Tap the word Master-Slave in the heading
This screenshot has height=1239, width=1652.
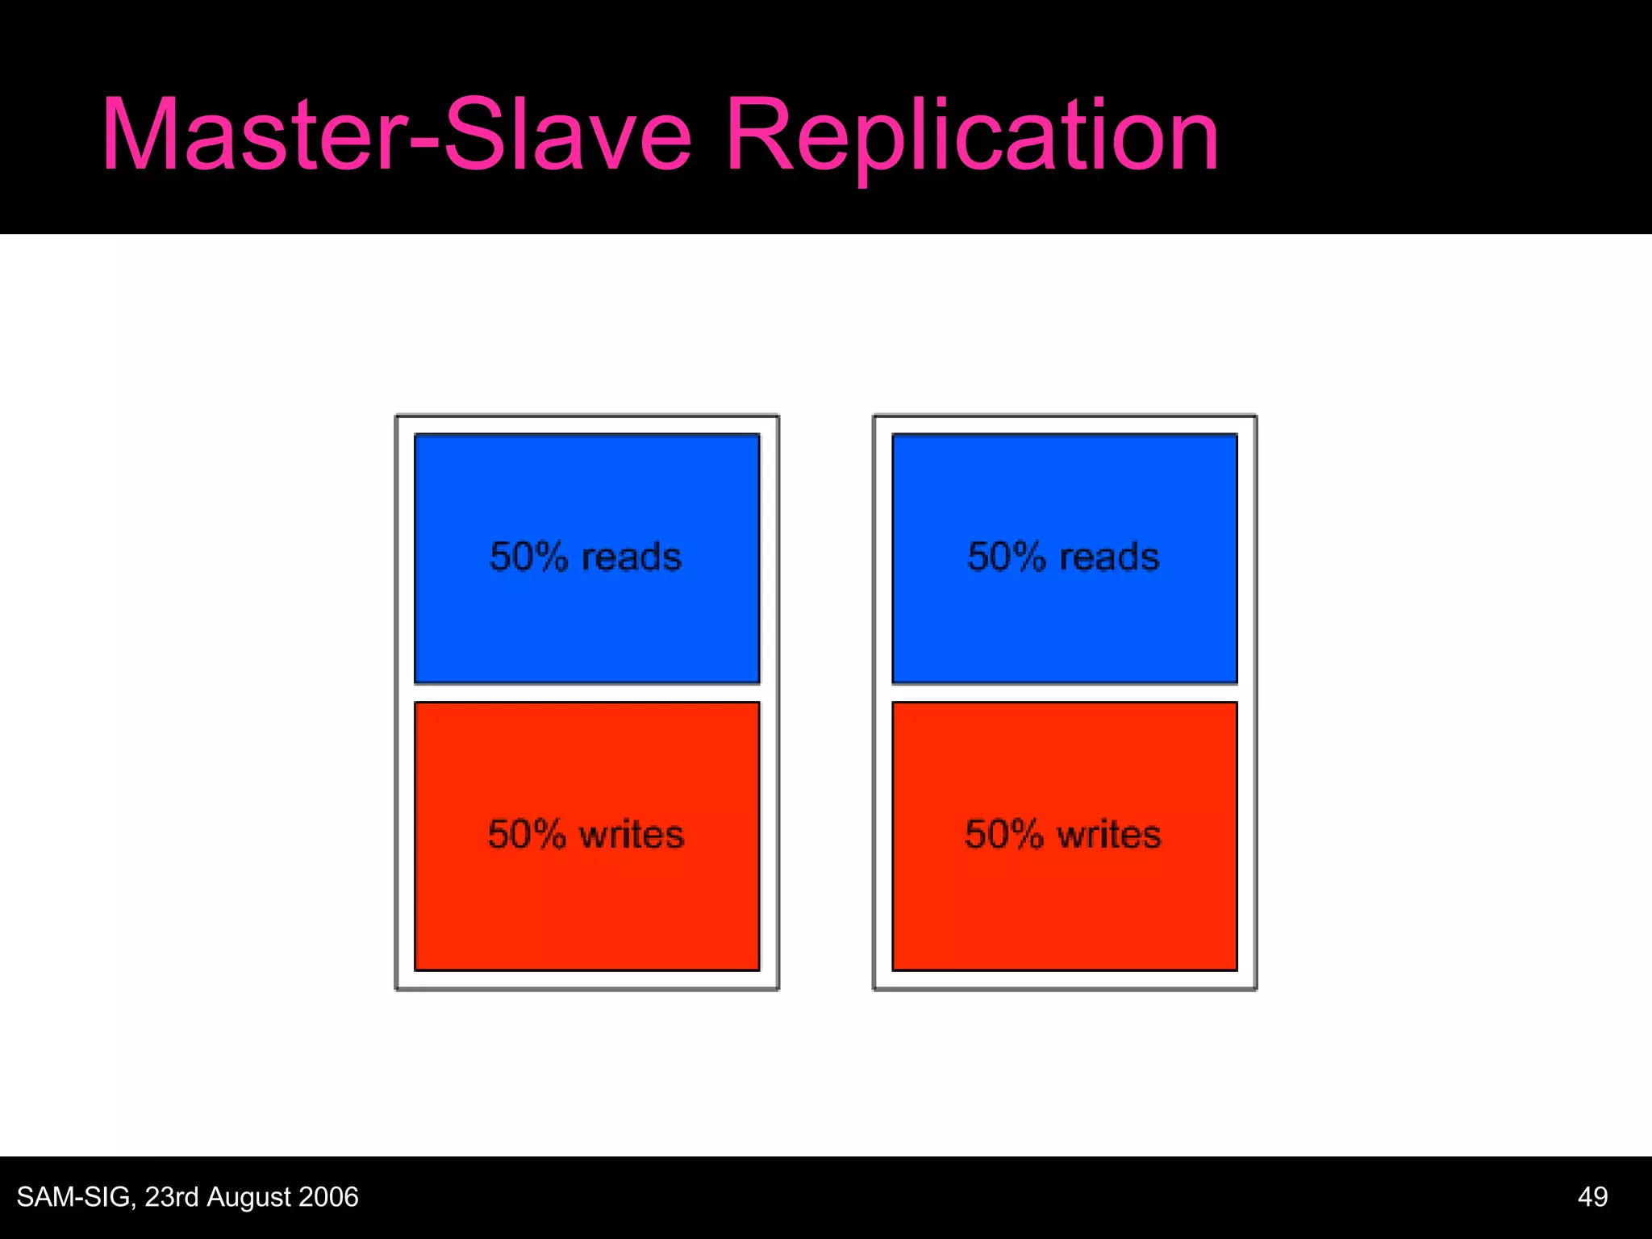coord(396,136)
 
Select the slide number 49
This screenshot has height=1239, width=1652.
coord(1592,1197)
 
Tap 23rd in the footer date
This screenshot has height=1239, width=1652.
coord(172,1197)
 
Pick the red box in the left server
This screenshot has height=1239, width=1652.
coord(586,903)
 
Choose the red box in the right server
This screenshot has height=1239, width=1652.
coord(1064,903)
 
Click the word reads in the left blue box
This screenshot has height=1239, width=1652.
coord(632,557)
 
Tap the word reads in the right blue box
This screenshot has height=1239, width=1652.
coord(1109,557)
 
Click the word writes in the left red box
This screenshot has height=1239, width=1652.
coord(632,834)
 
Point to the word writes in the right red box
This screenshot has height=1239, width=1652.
coord(1109,834)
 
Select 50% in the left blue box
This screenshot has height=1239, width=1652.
coord(528,557)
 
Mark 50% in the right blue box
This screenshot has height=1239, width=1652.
coord(1006,557)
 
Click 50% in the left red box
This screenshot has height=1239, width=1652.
coord(527,834)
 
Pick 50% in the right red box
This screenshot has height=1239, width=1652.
coord(1004,834)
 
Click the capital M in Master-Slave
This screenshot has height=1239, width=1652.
coord(140,136)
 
